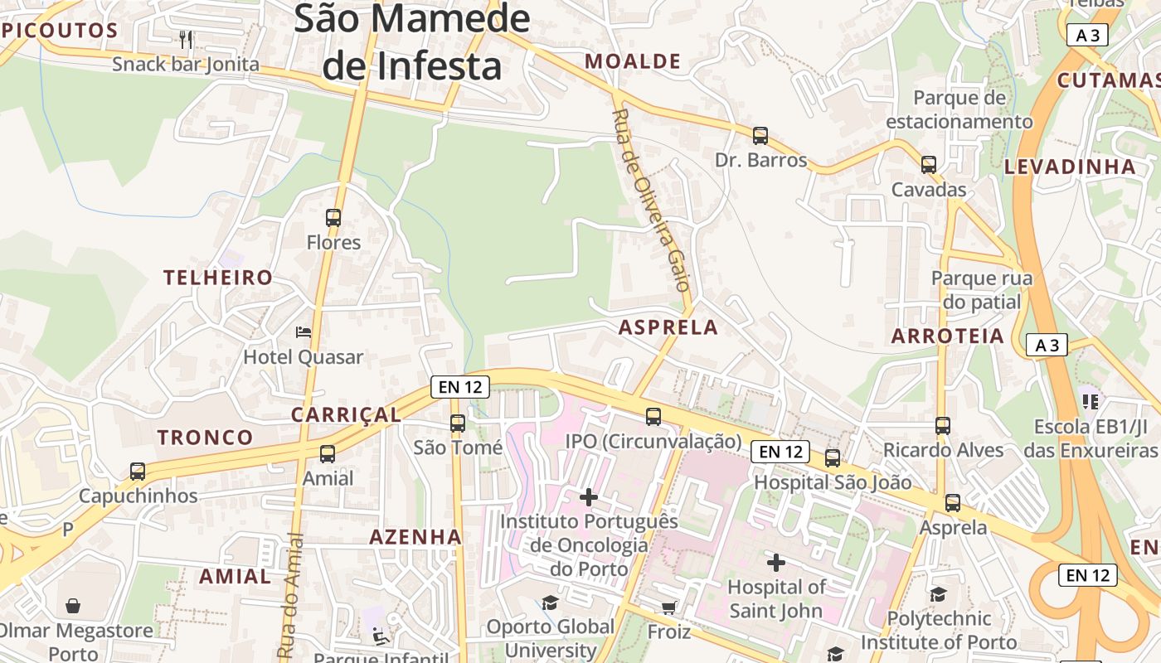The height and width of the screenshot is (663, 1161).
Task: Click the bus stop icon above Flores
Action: (333, 218)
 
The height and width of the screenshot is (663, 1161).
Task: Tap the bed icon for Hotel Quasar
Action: (304, 332)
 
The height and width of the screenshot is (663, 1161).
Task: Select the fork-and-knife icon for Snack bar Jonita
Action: (187, 39)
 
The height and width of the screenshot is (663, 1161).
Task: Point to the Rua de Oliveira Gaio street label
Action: (651, 200)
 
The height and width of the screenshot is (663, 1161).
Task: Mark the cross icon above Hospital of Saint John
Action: (776, 563)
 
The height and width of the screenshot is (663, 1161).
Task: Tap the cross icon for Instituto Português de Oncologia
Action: (589, 497)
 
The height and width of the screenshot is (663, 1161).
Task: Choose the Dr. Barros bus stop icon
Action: (760, 136)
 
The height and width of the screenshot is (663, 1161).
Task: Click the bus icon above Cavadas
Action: (929, 165)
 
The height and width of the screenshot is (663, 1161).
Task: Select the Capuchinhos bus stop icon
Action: (138, 472)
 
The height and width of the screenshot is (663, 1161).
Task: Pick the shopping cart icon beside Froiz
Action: (669, 607)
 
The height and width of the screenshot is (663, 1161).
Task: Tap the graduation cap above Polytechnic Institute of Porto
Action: (938, 594)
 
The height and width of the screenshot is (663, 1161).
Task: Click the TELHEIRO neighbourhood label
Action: (218, 278)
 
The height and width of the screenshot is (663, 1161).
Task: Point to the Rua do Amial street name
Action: (289, 596)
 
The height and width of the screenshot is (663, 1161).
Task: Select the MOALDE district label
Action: (633, 61)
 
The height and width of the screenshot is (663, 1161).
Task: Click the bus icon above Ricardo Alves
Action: (943, 426)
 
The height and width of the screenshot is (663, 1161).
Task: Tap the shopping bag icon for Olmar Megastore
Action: (74, 606)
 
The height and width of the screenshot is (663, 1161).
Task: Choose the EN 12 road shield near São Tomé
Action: (460, 387)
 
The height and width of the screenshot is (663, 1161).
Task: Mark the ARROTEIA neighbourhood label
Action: (948, 336)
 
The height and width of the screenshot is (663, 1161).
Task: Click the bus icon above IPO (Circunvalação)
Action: (653, 417)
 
